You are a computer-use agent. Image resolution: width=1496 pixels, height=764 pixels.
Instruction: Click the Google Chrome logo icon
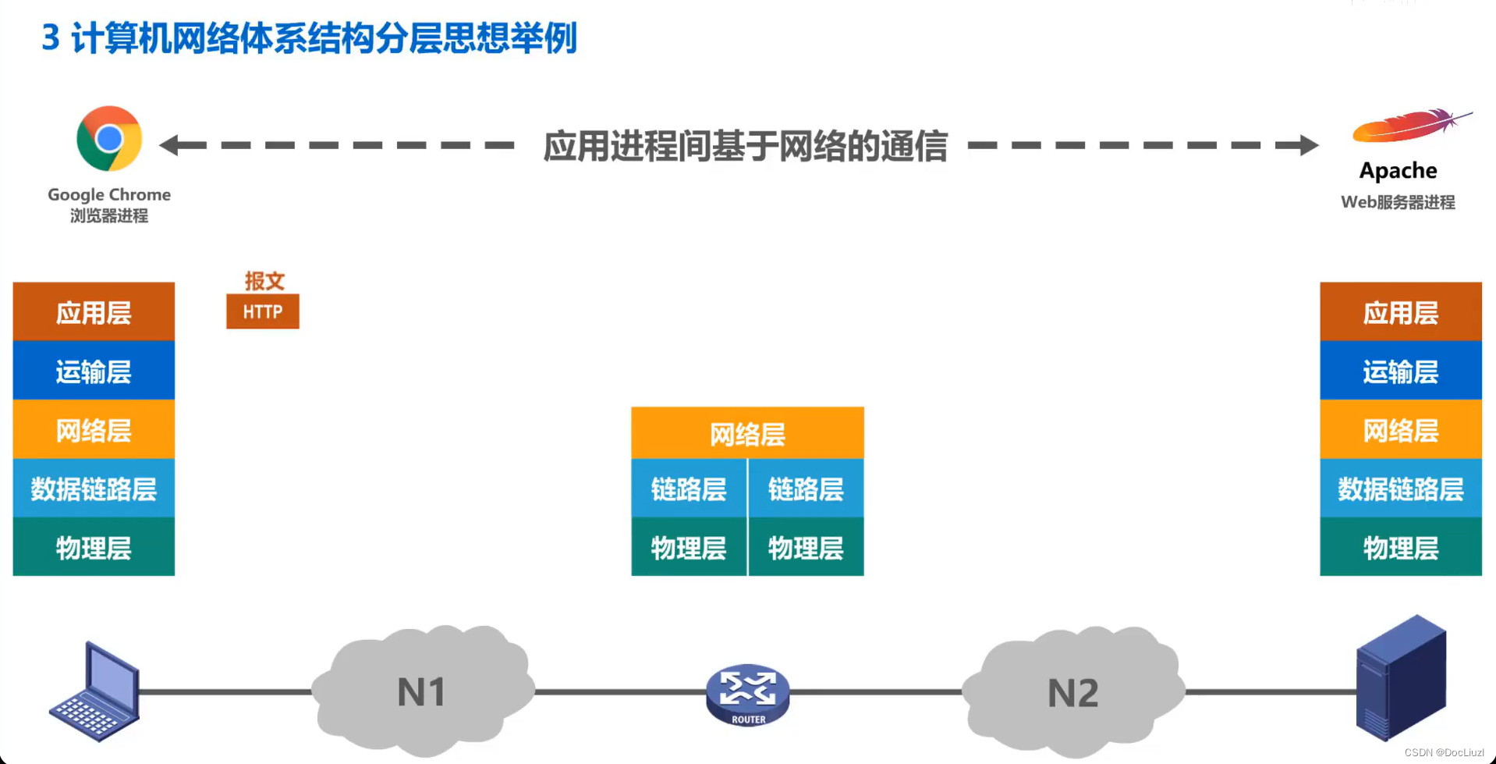109,138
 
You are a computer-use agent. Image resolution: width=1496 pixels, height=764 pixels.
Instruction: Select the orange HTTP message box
263,312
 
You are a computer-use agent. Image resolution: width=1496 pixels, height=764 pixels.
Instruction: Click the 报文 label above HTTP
264,281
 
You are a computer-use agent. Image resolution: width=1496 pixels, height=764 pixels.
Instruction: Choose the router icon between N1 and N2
747,694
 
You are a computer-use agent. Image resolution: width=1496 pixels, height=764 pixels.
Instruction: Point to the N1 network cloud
423,691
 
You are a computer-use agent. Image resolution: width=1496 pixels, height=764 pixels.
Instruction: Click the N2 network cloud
1073,693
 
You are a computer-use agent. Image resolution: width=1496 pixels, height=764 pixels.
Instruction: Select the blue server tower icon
1401,677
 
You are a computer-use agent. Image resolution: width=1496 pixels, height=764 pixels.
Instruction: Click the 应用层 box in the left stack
94,312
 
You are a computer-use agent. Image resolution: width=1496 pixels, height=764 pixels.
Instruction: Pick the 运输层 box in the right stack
1400,371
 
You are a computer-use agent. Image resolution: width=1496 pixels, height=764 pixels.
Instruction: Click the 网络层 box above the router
747,434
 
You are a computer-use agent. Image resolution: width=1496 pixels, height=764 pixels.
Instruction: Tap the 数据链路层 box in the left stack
94,489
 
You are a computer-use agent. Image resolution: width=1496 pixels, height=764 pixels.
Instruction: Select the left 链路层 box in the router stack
689,489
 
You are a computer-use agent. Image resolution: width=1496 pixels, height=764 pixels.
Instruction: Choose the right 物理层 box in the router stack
806,548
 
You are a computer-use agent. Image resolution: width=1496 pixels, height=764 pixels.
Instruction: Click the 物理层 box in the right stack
1400,548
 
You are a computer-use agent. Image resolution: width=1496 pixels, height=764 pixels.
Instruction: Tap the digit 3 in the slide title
51,37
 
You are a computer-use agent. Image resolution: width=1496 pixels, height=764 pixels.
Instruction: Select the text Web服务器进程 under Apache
1398,202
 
